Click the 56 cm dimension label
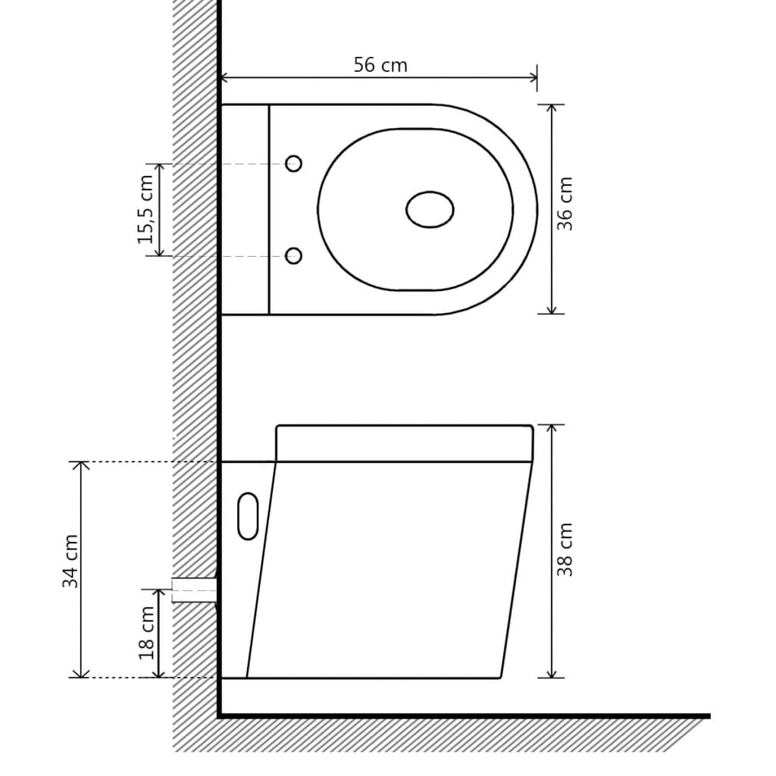380,65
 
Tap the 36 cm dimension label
565,204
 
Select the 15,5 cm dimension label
145,210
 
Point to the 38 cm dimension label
565,549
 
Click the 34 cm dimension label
70,561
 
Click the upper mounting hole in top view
293,164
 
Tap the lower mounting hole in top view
293,256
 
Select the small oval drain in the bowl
430,210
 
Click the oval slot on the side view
248,516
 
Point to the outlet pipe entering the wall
195,590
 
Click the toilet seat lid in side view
404,443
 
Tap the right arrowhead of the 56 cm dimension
532,77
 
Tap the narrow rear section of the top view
245,209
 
